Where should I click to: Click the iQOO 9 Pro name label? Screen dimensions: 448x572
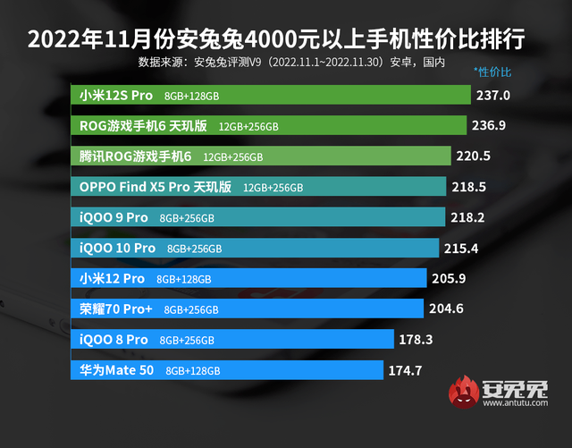coord(114,217)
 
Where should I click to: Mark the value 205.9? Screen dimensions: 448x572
coord(449,278)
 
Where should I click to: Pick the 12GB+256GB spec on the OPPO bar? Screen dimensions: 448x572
coord(273,188)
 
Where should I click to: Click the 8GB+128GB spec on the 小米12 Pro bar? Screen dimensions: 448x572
coord(183,279)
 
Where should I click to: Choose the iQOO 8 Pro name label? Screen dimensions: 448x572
coord(114,340)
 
